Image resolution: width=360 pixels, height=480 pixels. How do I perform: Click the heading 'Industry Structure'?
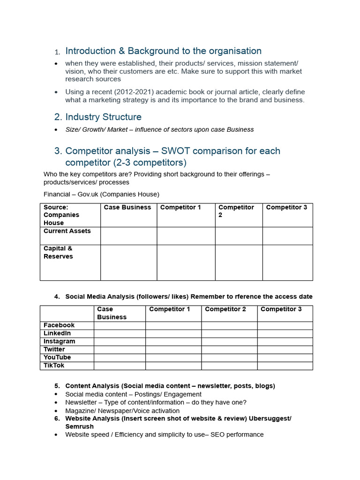pyautogui.click(x=103, y=117)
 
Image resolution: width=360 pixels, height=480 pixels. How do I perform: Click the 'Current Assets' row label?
pyautogui.click(x=67, y=231)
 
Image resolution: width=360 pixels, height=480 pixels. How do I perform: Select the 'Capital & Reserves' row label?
pyautogui.click(x=58, y=252)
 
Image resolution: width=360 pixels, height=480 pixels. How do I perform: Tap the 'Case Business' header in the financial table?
pyautogui.click(x=127, y=207)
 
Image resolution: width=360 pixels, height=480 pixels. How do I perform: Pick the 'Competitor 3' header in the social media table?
pyautogui.click(x=281, y=309)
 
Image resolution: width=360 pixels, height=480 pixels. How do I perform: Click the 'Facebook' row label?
pyautogui.click(x=59, y=325)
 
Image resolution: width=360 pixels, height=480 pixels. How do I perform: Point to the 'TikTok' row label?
pyautogui.click(x=54, y=365)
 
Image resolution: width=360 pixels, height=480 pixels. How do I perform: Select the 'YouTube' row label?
pyautogui.click(x=57, y=357)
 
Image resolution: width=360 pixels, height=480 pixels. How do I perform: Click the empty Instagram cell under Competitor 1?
pyautogui.click(x=173, y=341)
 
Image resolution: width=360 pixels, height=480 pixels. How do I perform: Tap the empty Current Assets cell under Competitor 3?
pyautogui.click(x=287, y=236)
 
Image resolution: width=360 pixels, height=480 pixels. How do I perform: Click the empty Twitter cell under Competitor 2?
pyautogui.click(x=229, y=349)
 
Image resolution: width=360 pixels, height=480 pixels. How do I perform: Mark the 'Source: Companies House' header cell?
pyautogui.click(x=61, y=215)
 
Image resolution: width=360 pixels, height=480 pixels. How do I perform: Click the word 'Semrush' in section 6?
pyautogui.click(x=79, y=427)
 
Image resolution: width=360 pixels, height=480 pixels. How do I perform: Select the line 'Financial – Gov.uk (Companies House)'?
pyautogui.click(x=101, y=194)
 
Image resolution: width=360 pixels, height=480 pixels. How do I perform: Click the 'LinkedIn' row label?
pyautogui.click(x=57, y=333)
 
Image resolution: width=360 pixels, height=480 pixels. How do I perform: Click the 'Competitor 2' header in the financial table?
pyautogui.click(x=236, y=211)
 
